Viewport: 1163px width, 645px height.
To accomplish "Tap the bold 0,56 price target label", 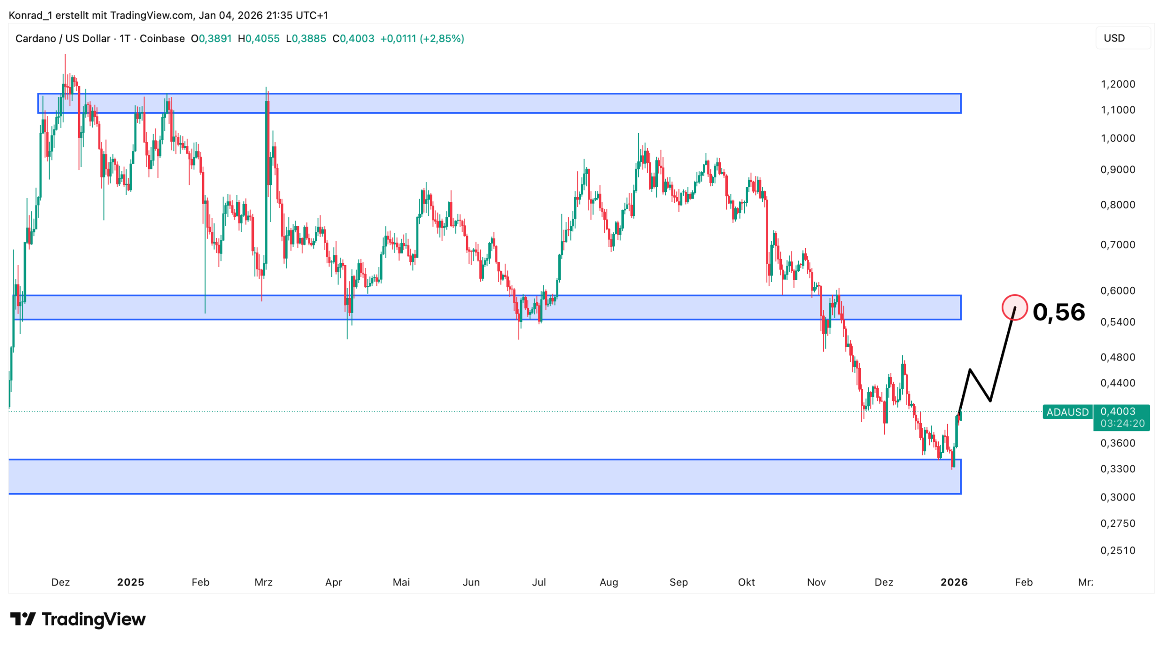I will tap(1058, 312).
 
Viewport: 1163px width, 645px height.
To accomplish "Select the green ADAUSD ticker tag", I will tap(1067, 412).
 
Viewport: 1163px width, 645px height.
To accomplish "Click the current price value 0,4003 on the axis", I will tap(1118, 411).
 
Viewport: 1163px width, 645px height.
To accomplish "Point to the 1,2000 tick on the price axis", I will tap(1118, 84).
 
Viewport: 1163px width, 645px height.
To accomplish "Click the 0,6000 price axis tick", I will tap(1118, 290).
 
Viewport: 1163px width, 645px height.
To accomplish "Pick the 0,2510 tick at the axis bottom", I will tap(1118, 550).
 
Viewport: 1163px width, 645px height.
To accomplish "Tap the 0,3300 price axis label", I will tap(1118, 469).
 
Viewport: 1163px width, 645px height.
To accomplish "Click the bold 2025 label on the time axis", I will tap(130, 582).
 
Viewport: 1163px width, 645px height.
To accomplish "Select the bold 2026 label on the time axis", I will tap(954, 582).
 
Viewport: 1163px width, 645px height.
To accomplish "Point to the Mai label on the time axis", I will tap(401, 582).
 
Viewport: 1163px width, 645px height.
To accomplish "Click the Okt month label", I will tap(746, 582).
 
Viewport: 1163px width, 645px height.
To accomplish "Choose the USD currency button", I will tap(1122, 38).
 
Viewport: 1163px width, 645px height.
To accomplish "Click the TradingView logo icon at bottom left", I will tap(23, 619).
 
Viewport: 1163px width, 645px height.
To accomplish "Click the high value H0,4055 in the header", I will tap(258, 39).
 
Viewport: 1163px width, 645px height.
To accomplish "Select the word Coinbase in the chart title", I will tap(162, 39).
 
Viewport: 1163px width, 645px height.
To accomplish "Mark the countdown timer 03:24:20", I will tap(1122, 424).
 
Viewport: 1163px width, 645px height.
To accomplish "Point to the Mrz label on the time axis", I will tap(263, 582).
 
